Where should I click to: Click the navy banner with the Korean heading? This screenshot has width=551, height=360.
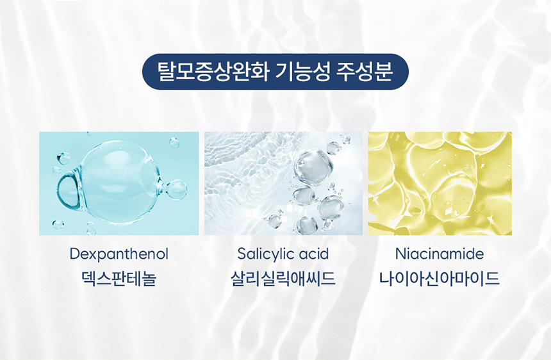click(275, 72)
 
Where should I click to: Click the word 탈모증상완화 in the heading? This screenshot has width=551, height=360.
click(213, 72)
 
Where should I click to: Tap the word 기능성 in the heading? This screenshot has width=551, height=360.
click(303, 72)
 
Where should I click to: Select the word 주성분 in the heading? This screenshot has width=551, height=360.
click(365, 72)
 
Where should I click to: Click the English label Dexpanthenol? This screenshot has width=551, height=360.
click(119, 254)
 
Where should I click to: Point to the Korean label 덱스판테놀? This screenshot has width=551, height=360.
click(119, 279)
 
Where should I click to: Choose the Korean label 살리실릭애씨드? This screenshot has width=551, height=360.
click(283, 279)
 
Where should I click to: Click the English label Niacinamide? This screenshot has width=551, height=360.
click(440, 254)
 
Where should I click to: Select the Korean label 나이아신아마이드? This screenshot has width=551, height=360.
click(440, 279)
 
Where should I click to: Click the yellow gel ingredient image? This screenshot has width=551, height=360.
click(440, 183)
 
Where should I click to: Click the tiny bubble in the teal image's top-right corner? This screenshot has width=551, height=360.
click(174, 142)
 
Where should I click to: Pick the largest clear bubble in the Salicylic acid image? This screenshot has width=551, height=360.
click(313, 166)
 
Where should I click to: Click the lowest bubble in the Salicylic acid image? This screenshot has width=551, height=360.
click(306, 225)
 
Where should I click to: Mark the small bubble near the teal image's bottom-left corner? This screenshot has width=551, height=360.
click(58, 224)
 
